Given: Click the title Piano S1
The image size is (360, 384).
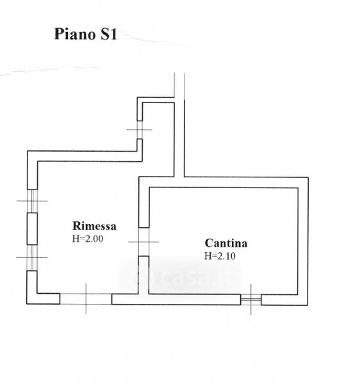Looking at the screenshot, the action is pos(85,34).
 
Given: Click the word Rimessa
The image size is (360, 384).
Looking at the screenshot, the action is pos(94,225).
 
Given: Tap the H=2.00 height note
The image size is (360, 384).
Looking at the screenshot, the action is pos(88,239).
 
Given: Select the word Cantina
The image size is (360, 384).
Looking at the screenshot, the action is pos(226,243).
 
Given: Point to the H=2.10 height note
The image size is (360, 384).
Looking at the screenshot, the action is pos(220,256).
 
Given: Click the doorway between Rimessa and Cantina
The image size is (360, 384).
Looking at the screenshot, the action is pos(143,242).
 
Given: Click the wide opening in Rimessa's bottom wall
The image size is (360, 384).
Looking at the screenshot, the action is pos(86,299).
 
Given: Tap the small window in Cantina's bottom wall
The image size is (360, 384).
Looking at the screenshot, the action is pos(250,300).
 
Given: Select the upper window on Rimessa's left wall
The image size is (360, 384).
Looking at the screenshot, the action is pos(32,201).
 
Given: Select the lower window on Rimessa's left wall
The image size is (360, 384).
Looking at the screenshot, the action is pos(32,258).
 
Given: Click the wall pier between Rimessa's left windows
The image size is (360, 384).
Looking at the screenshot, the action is pos(32,228).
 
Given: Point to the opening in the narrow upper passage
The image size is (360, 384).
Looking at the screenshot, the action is pos(140,130).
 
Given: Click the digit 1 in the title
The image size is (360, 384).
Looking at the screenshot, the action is pos(113,34).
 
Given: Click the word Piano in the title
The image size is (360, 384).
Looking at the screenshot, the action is pos(74,34).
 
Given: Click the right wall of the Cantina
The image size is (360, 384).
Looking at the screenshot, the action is pos(303,241).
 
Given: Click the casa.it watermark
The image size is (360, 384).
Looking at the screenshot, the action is pos(181,276).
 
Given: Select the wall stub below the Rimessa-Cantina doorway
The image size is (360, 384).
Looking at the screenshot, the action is pos(143,275).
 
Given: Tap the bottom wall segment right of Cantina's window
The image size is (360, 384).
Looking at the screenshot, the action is pos(284,300).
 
